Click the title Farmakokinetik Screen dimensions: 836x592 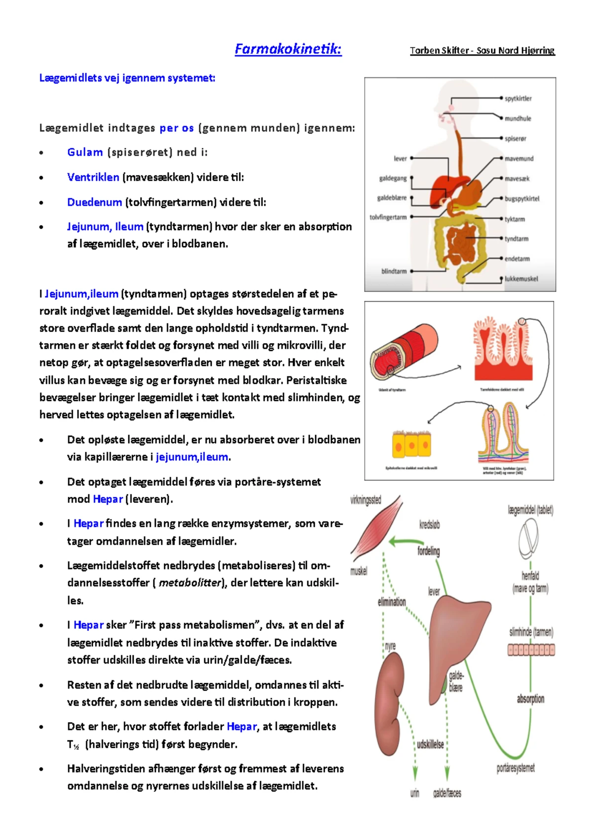pyautogui.click(x=288, y=49)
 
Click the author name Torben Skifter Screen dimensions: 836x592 pyautogui.click(x=439, y=50)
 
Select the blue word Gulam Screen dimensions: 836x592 pyautogui.click(x=85, y=152)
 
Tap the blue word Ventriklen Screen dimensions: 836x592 pyautogui.click(x=93, y=177)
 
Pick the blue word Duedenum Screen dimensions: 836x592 pyautogui.click(x=94, y=202)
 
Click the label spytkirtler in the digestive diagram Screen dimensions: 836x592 pyautogui.click(x=518, y=99)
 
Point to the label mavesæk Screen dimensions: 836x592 pyautogui.click(x=517, y=178)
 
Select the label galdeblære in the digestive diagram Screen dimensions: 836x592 pyautogui.click(x=392, y=198)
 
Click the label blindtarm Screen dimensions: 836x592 pyautogui.click(x=394, y=271)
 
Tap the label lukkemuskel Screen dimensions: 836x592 pyautogui.click(x=521, y=279)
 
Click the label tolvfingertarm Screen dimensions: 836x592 pyautogui.click(x=388, y=217)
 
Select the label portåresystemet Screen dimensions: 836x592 pyautogui.click(x=516, y=768)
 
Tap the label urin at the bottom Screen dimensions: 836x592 pyautogui.click(x=415, y=793)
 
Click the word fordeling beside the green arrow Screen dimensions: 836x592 pyautogui.click(x=428, y=551)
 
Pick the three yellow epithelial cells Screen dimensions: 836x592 pyautogui.click(x=411, y=445)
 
